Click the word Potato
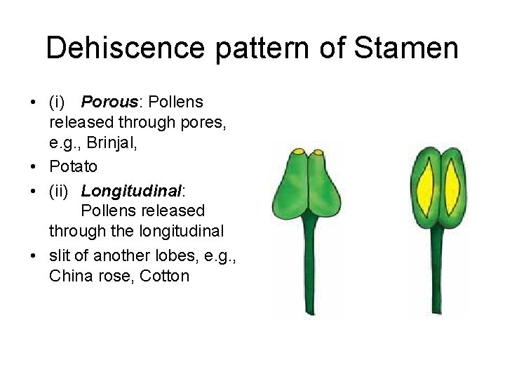pos(73,167)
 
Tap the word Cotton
pos(165,276)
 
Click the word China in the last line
pos(70,276)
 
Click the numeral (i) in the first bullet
pos(57,102)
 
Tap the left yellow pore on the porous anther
pos(299,152)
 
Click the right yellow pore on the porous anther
pos(318,152)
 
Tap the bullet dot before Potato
pos(34,167)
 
